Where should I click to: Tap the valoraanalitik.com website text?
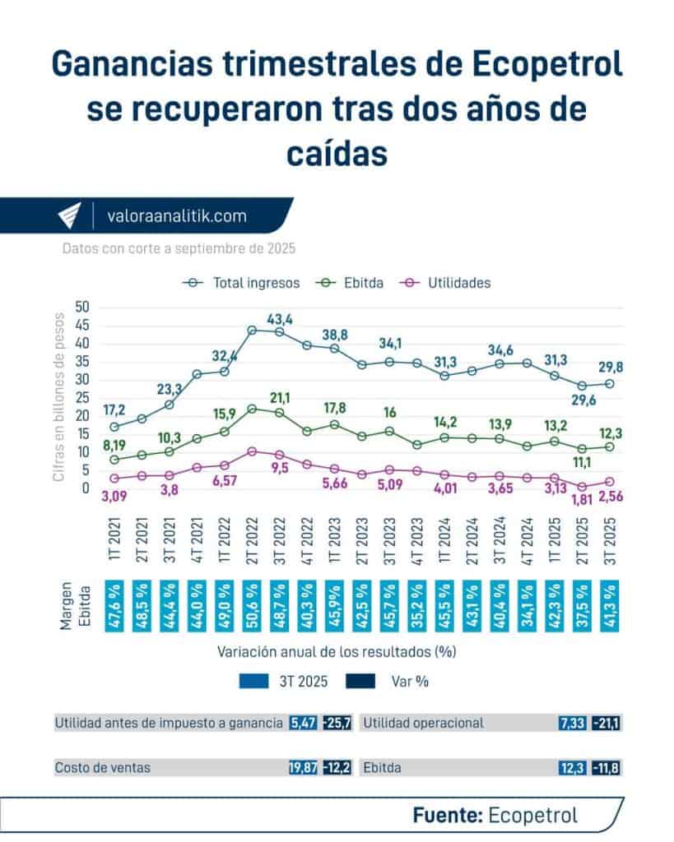(x=177, y=216)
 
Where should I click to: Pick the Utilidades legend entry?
(x=459, y=283)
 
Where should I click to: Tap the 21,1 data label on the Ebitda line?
(x=281, y=399)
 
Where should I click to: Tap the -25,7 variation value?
(x=337, y=724)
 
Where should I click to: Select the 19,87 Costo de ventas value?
(x=303, y=767)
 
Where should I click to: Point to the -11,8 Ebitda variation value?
(x=607, y=767)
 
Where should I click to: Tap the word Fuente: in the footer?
(x=448, y=815)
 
